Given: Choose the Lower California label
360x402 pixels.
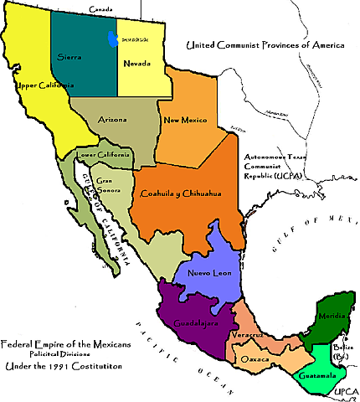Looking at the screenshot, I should (103, 155).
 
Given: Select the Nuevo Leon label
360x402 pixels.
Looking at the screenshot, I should (208, 273).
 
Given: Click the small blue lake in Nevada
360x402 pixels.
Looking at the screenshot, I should (111, 36).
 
